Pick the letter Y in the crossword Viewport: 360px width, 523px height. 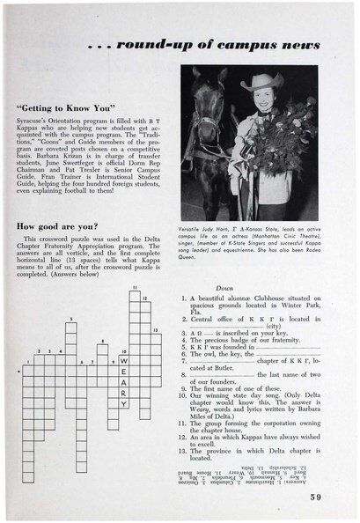[x=124, y=403]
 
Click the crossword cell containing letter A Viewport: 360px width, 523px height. [x=124, y=382]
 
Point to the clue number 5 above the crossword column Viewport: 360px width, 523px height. [x=70, y=320]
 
